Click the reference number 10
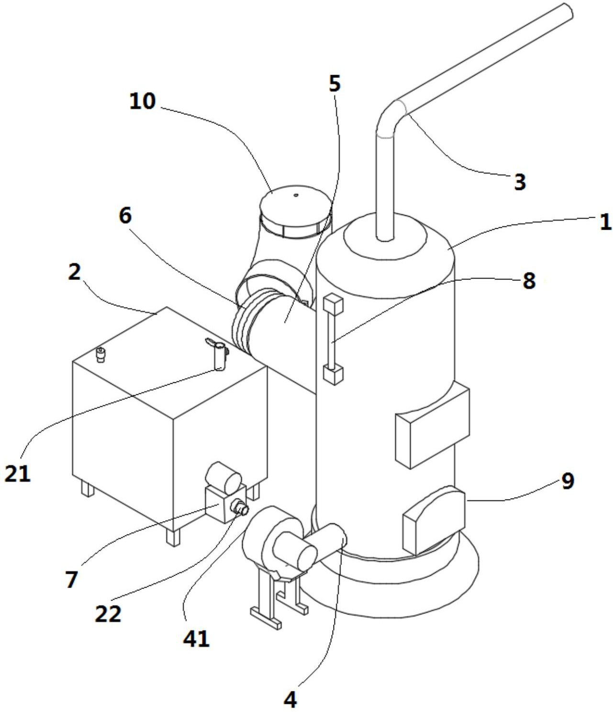[x=142, y=101]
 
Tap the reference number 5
[x=334, y=84]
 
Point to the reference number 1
[x=605, y=222]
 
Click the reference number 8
[x=529, y=280]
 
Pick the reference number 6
[x=125, y=216]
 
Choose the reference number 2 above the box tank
[x=75, y=272]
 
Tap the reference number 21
[x=17, y=473]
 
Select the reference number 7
[x=72, y=579]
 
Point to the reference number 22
[x=108, y=613]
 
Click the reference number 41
[x=196, y=639]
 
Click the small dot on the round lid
[x=295, y=196]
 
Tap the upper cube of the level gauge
[x=333, y=303]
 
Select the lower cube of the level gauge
[x=334, y=375]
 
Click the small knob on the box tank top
[x=100, y=355]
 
